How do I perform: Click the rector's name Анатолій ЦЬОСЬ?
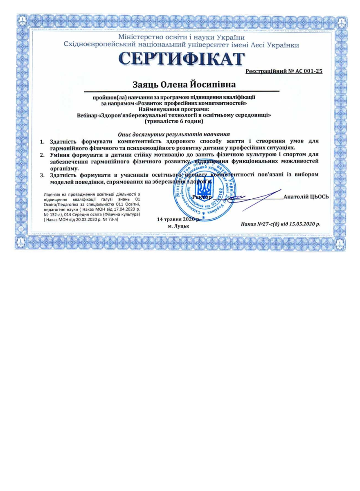tap(306, 196)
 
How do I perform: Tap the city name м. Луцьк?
tap(178, 226)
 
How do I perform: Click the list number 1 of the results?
tap(42, 141)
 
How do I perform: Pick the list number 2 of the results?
tap(42, 155)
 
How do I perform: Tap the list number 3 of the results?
tap(42, 175)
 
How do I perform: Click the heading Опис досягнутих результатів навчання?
tap(173, 134)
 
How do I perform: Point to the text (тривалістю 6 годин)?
tap(174, 121)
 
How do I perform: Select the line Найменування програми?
tap(174, 109)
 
